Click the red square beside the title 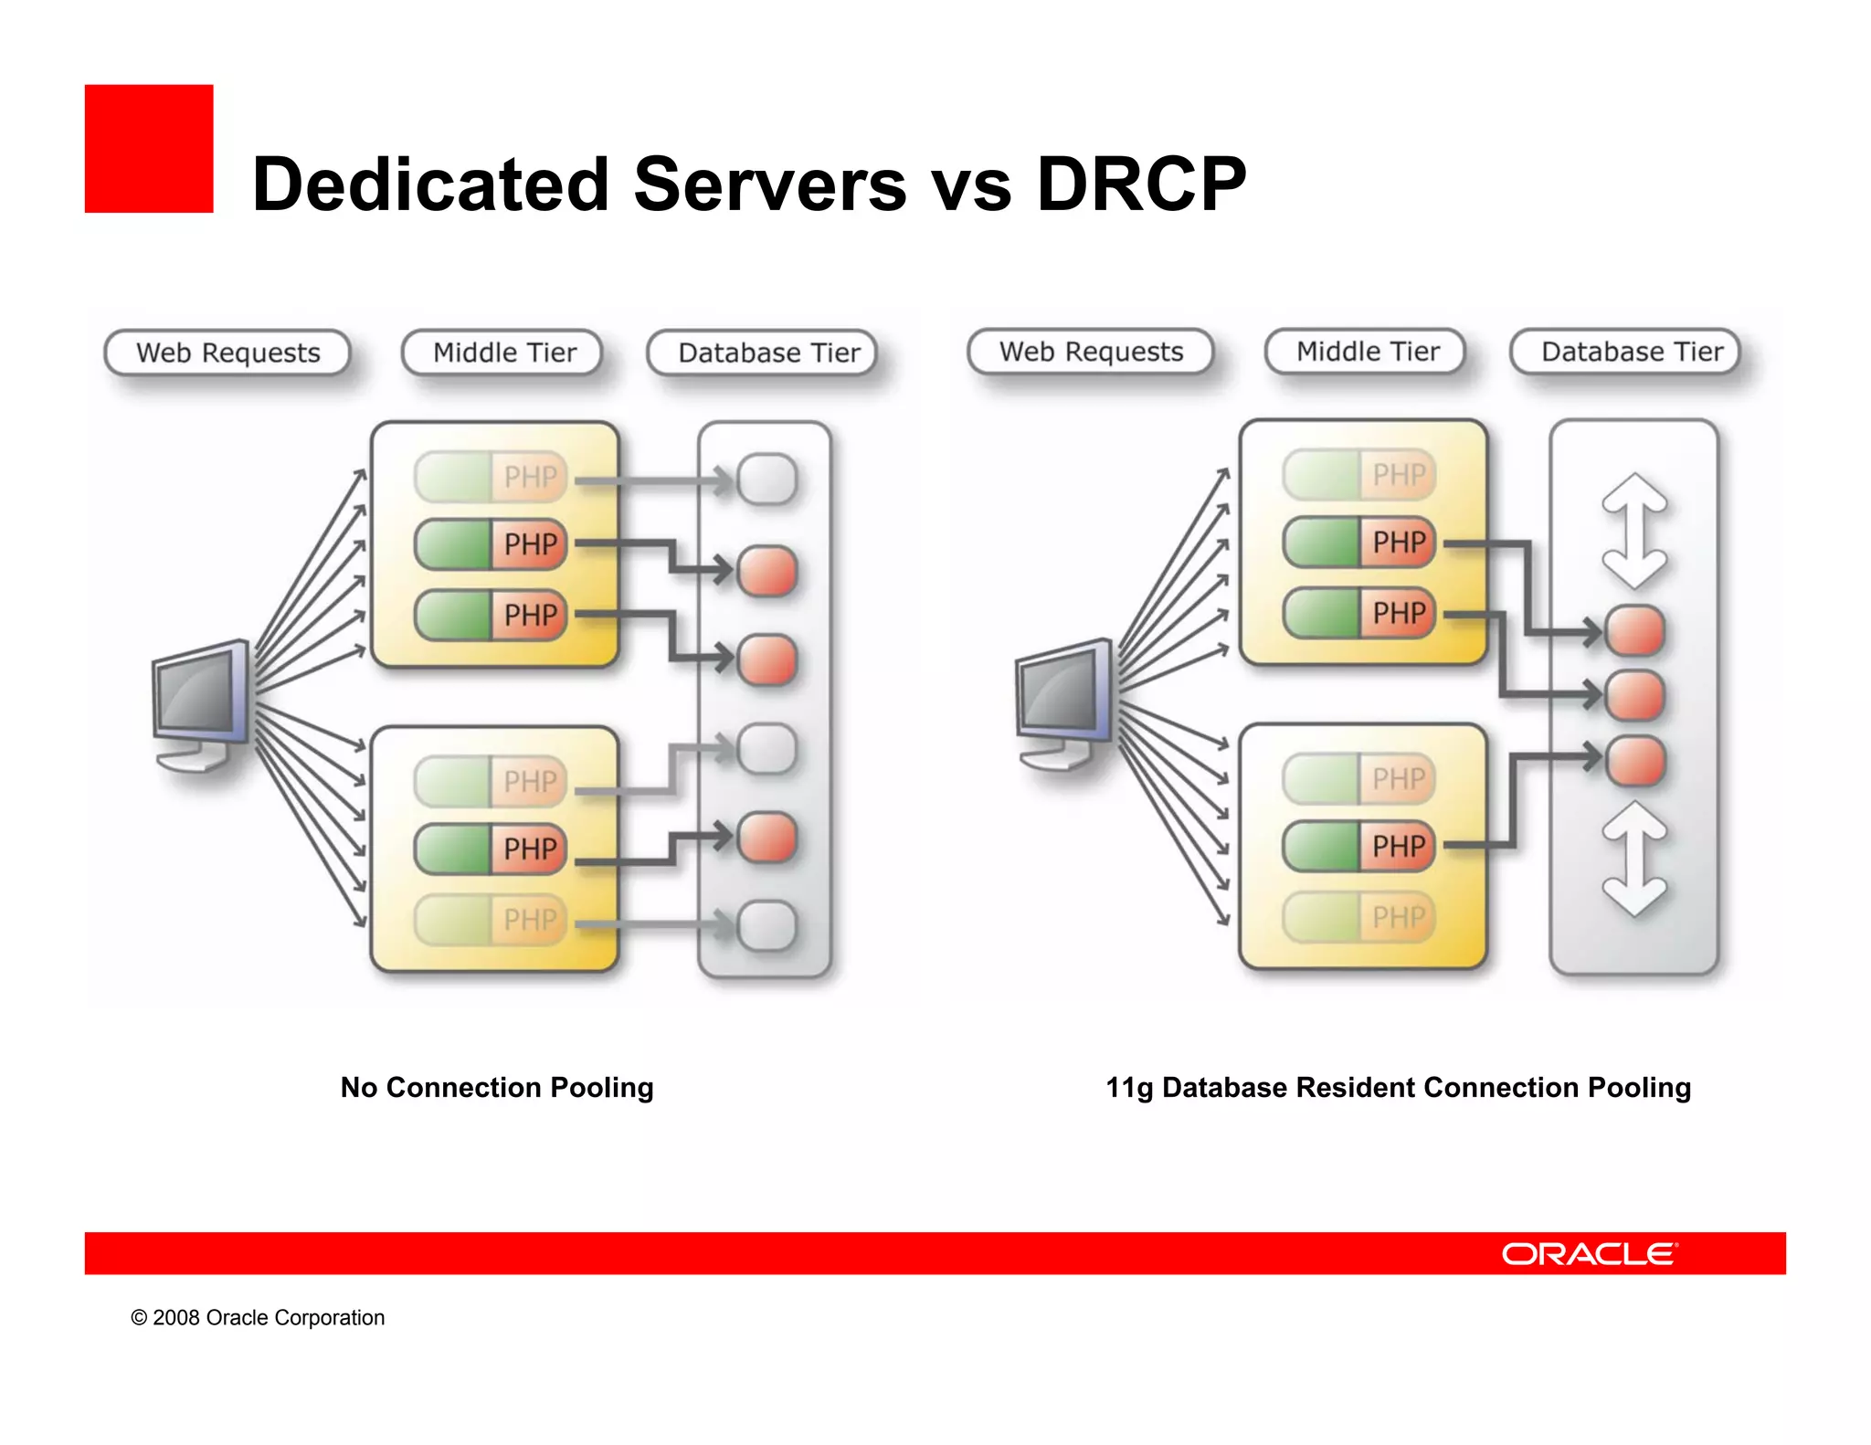149,149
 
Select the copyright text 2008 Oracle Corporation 258,1317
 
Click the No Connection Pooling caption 497,1087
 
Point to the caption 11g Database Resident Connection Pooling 1398,1087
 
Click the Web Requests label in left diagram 227,353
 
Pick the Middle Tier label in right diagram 1367,352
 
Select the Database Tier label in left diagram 768,353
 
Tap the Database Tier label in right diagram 1632,352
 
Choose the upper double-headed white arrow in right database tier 1634,530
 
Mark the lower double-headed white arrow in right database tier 1634,859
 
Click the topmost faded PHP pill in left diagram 492,476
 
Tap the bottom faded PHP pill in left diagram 492,919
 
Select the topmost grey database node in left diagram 766,479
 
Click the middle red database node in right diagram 1634,695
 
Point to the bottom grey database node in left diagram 766,925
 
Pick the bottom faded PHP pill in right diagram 1359,917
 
